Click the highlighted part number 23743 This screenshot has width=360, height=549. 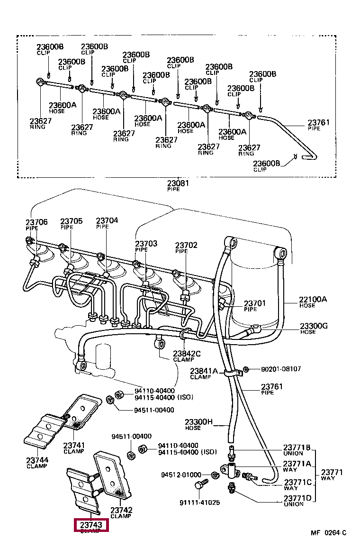pos(91,525)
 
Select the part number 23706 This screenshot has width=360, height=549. pos(36,222)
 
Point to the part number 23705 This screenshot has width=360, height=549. pos(71,221)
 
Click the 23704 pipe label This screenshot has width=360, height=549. pos(107,220)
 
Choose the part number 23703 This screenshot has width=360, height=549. pos(146,244)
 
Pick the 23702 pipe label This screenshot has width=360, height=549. pos(186,245)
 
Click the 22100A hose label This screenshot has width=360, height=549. pos(313,299)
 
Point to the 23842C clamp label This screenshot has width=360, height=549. pos(187,353)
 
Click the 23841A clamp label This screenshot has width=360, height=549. pos(204,371)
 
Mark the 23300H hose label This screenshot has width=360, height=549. pos(199,422)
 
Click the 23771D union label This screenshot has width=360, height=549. pos(297,498)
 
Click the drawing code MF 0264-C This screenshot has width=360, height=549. pos(328,533)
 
